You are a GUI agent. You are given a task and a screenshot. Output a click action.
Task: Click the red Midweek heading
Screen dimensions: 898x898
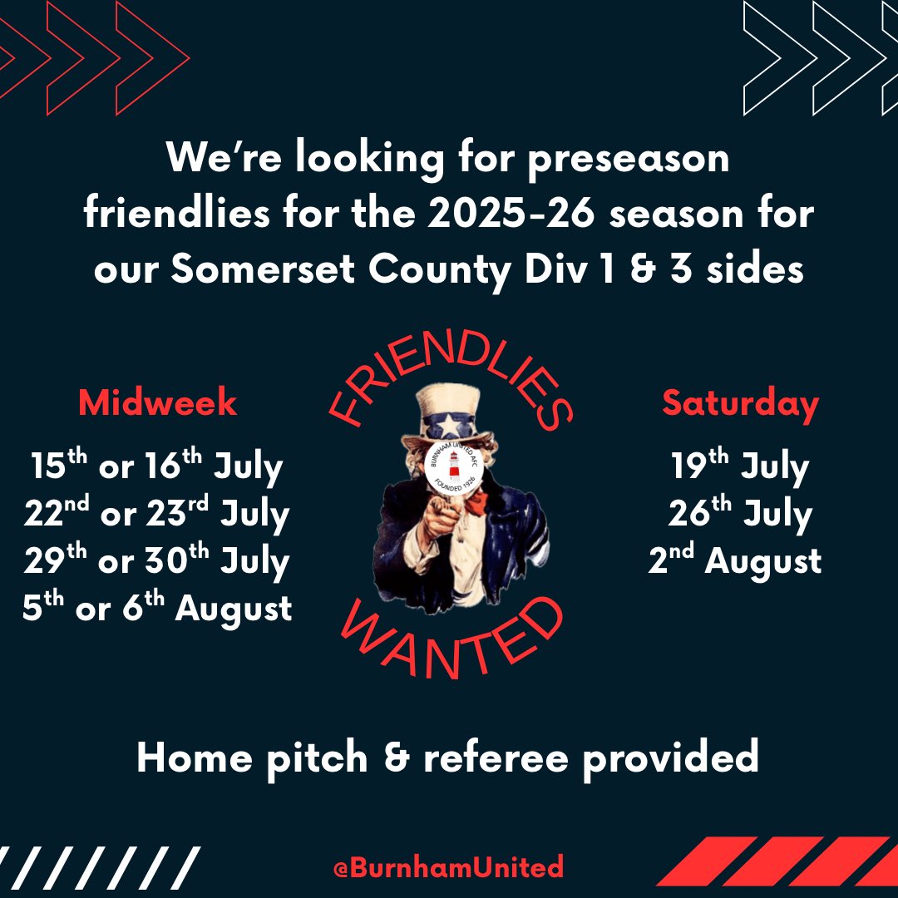(157, 403)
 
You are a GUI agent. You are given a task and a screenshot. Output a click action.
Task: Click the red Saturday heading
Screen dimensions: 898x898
(740, 403)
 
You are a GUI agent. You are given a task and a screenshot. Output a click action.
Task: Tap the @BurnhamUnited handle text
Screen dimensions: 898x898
(448, 867)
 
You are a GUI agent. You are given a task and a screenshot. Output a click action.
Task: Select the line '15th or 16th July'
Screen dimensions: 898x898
(157, 467)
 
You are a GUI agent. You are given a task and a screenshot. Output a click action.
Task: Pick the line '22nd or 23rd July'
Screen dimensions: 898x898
(157, 515)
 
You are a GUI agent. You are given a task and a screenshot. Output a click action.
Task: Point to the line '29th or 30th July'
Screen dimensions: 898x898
(157, 561)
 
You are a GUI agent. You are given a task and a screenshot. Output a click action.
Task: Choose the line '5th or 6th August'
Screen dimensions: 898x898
(157, 609)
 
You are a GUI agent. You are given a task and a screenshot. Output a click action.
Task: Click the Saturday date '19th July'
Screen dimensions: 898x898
(740, 467)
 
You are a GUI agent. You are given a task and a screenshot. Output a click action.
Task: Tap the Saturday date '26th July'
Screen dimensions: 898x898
(740, 515)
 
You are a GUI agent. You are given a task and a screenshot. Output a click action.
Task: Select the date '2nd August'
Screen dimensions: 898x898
(735, 561)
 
